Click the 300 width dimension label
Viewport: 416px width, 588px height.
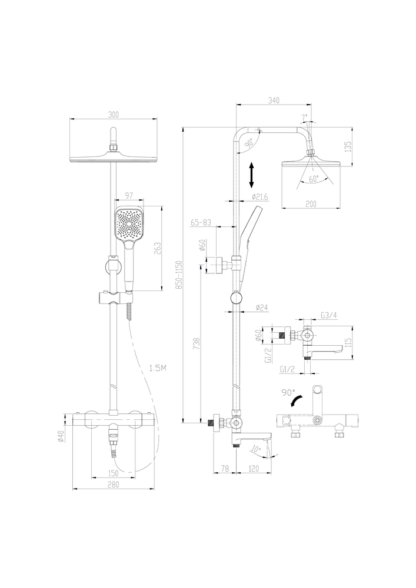[x=114, y=115]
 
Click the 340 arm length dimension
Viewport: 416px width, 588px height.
[x=274, y=100]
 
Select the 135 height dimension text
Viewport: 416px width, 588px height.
[x=348, y=146]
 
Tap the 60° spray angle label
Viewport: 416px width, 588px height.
[x=314, y=179]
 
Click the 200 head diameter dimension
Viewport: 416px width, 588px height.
[x=311, y=204]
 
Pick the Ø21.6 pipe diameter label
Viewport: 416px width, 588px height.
[x=260, y=196]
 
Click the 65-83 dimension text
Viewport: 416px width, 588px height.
[x=201, y=222]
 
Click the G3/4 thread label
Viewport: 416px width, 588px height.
[x=329, y=315]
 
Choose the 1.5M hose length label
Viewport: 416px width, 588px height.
[x=158, y=369]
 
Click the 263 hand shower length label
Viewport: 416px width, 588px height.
[x=158, y=248]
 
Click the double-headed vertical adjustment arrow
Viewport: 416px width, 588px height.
[x=252, y=175]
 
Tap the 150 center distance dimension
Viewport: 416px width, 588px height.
[x=114, y=473]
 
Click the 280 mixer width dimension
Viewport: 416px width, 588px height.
[x=114, y=485]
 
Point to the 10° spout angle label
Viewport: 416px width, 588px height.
[x=256, y=449]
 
